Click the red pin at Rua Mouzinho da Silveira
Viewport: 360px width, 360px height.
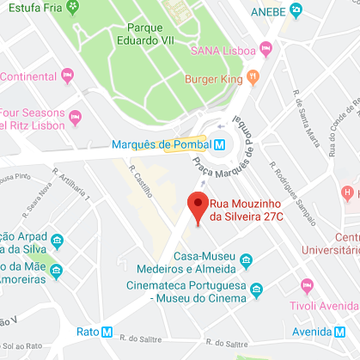tap(198, 207)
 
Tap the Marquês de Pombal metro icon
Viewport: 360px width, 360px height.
tap(221, 143)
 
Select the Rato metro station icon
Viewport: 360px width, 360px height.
tap(107, 332)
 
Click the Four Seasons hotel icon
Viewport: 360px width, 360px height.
tap(75, 114)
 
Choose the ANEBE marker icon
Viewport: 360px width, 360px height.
tap(297, 10)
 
